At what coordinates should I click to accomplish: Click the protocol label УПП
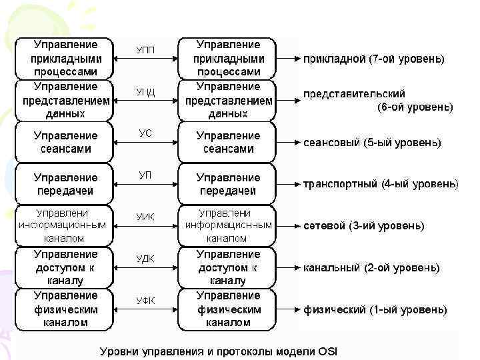[x=146, y=50]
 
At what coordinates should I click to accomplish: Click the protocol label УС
[x=145, y=133]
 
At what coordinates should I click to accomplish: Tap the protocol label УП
[x=145, y=175]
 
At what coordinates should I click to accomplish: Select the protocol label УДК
[x=145, y=259]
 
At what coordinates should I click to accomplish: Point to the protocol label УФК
[x=145, y=300]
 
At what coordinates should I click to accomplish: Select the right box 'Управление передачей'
[x=228, y=184]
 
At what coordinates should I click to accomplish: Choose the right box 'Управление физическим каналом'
[x=228, y=309]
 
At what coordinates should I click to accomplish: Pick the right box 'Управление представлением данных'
[x=228, y=100]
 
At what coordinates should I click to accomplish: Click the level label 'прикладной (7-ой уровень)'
[x=374, y=59]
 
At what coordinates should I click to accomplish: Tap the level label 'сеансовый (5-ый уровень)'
[x=372, y=143]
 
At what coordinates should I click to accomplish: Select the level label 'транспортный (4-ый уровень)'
[x=381, y=184]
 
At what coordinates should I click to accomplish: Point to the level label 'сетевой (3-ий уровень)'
[x=363, y=226]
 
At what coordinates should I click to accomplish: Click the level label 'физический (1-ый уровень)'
[x=375, y=309]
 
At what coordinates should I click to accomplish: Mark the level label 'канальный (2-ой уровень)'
[x=371, y=268]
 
